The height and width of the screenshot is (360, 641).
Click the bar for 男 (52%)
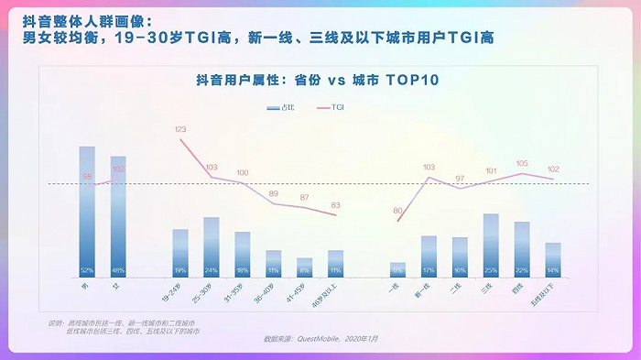(x=87, y=211)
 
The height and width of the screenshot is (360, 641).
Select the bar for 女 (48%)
(x=118, y=216)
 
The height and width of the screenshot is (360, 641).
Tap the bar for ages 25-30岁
(x=212, y=246)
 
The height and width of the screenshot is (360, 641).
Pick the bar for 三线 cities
(x=491, y=245)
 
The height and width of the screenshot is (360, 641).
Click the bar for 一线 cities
(x=397, y=269)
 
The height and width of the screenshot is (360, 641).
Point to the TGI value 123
(x=180, y=129)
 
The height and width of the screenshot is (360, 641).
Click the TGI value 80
(x=397, y=211)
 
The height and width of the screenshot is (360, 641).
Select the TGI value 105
(x=522, y=163)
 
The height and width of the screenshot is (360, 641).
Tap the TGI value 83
(x=336, y=205)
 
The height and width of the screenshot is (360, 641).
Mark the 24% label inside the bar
(x=212, y=271)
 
